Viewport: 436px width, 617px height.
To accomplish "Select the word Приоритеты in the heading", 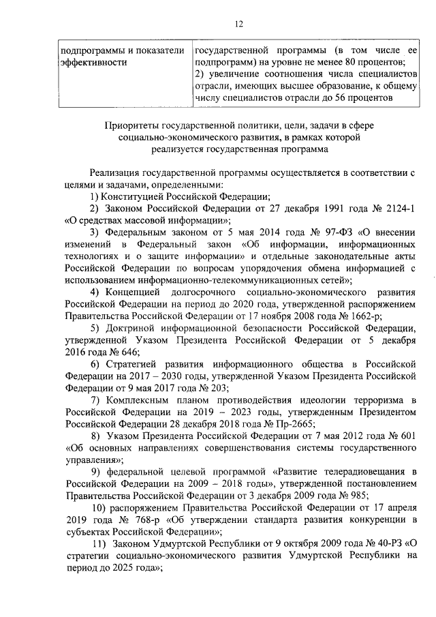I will tap(129, 125).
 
